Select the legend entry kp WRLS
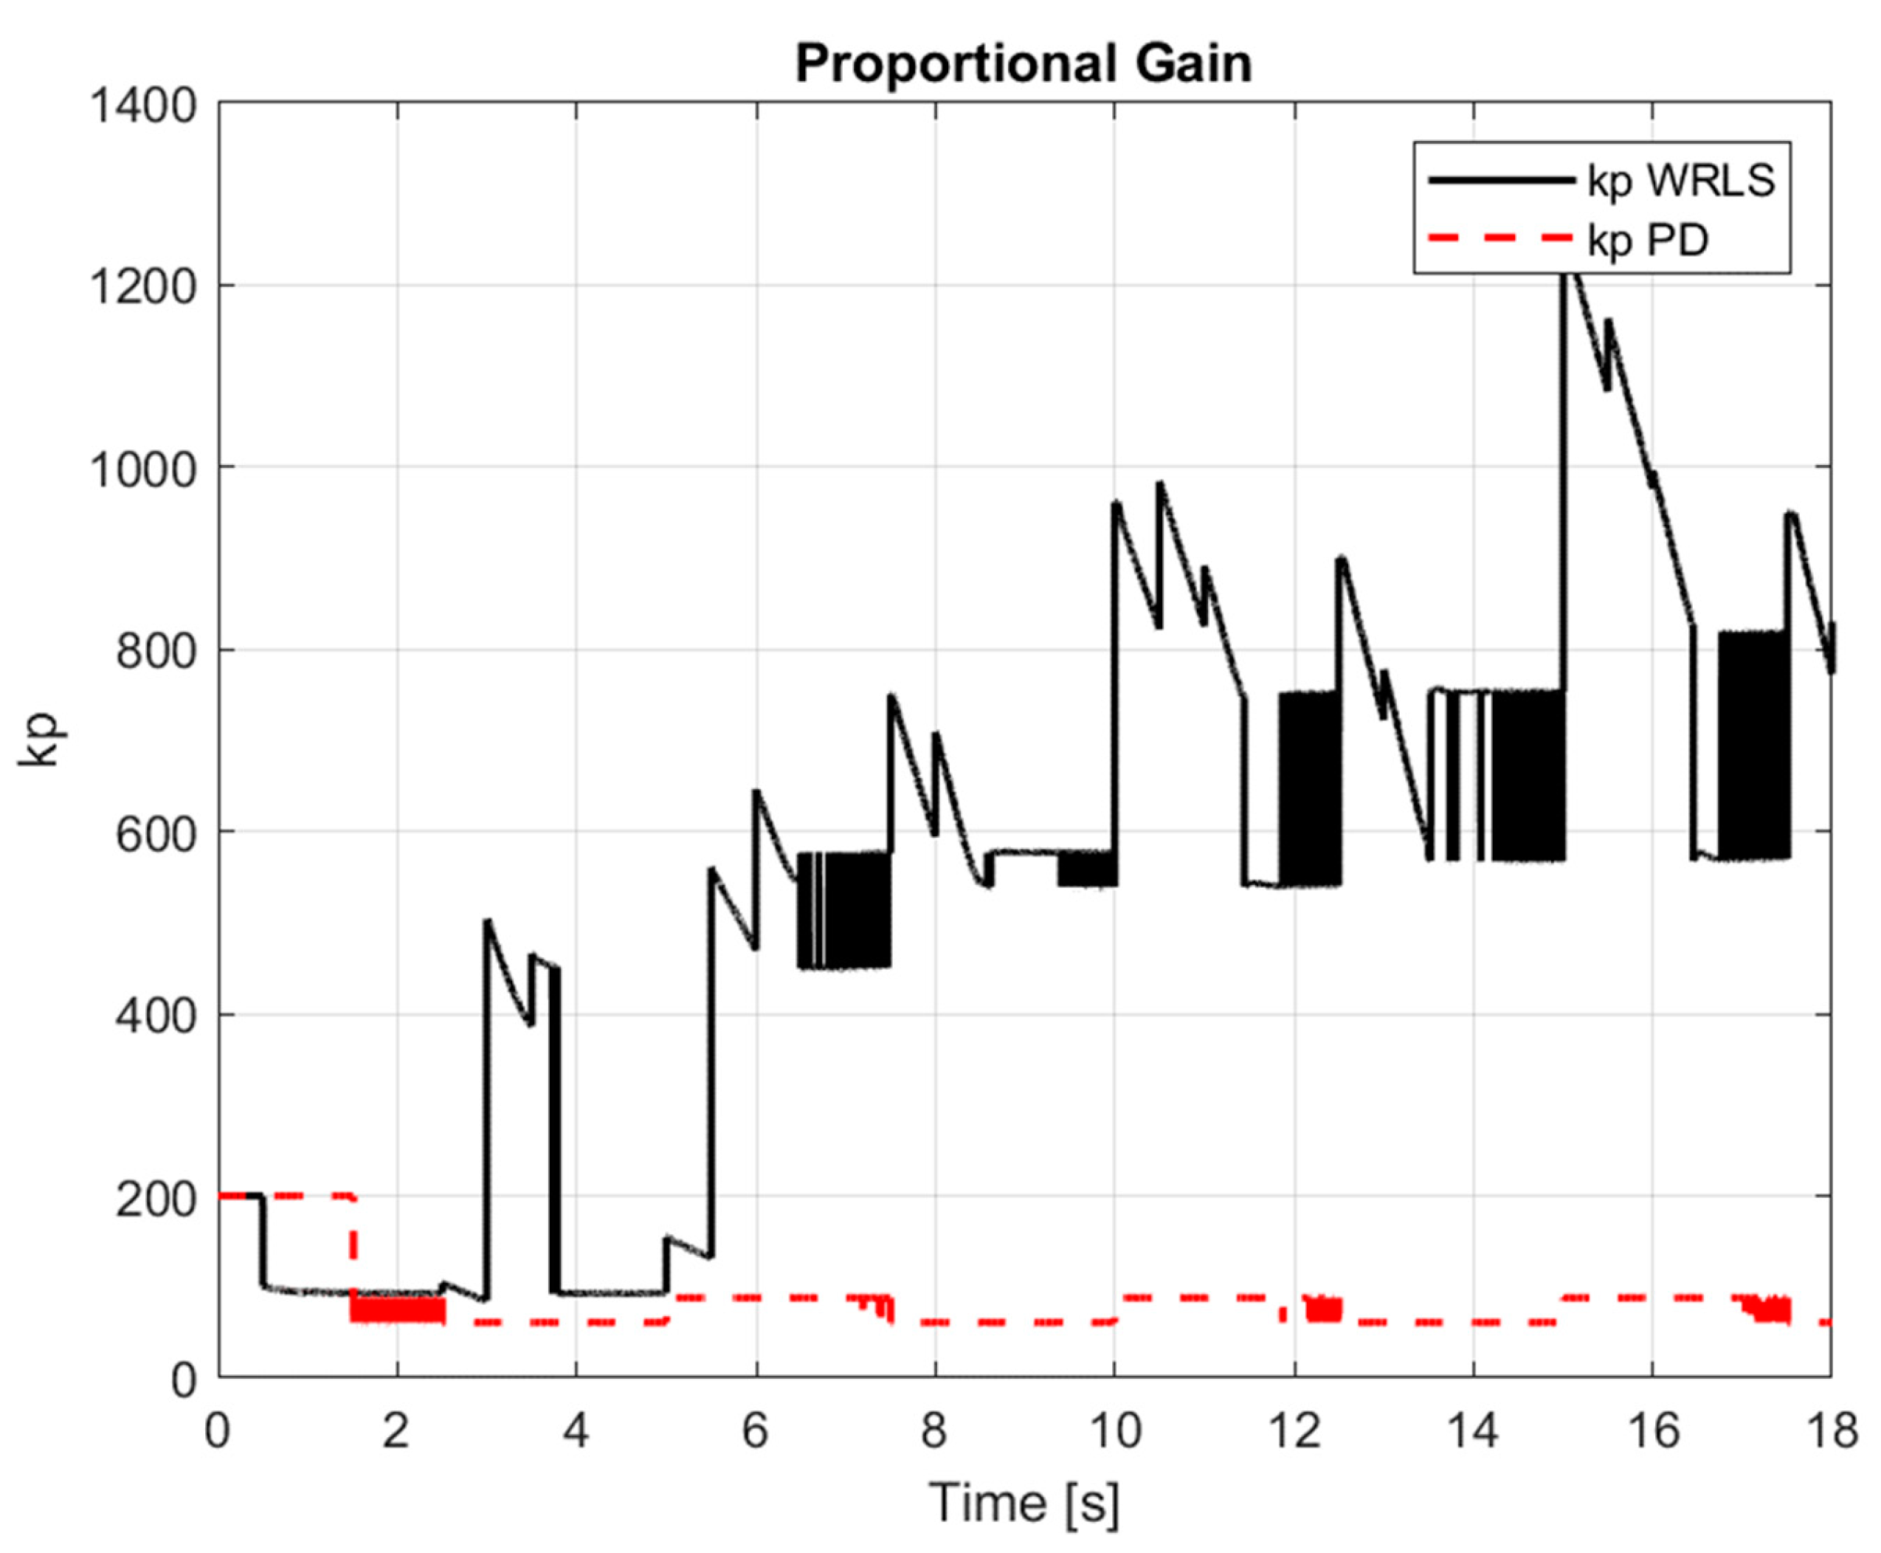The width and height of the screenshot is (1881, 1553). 1680,182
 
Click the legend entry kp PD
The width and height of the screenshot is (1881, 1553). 1648,240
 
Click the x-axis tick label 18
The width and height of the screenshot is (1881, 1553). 1830,1430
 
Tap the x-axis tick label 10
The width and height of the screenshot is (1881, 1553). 1114,1430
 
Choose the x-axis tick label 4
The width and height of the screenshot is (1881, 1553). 576,1430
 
